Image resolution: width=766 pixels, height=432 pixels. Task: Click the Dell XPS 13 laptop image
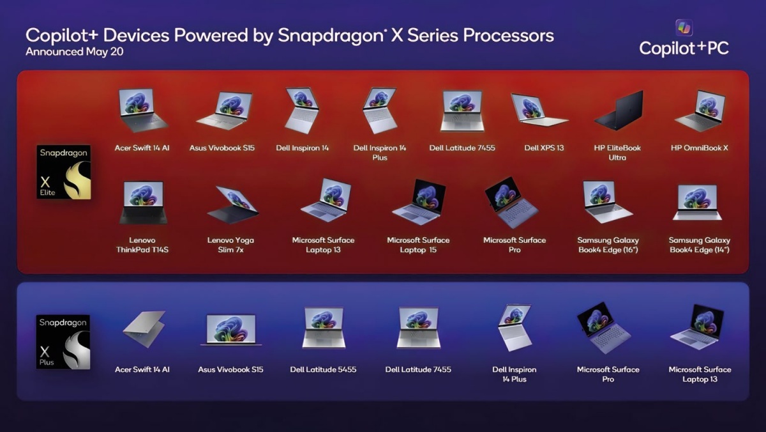click(x=539, y=109)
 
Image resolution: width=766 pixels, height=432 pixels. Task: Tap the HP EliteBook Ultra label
click(x=617, y=153)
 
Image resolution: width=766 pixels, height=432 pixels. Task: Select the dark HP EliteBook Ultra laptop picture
click(x=619, y=110)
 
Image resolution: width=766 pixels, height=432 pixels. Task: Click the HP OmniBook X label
click(x=700, y=148)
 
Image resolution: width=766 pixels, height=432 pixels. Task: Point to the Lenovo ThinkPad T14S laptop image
click(x=143, y=203)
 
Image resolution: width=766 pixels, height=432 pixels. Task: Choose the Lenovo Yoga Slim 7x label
click(x=230, y=245)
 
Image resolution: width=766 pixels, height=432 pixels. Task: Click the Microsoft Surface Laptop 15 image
click(x=419, y=202)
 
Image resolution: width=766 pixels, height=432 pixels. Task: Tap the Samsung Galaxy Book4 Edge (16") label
click(x=608, y=245)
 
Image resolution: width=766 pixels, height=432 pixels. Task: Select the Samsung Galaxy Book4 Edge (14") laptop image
click(x=697, y=203)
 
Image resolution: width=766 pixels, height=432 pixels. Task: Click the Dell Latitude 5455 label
click(x=323, y=369)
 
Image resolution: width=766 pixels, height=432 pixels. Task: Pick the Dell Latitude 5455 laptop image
click(x=324, y=328)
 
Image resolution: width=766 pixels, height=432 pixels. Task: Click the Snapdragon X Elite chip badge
click(x=64, y=172)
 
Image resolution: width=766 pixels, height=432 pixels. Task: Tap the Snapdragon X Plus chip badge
click(x=63, y=342)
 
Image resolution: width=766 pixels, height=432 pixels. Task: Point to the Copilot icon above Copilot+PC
click(x=684, y=27)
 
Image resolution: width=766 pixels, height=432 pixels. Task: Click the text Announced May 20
click(x=75, y=52)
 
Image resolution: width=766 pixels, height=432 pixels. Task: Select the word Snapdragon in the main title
click(x=331, y=36)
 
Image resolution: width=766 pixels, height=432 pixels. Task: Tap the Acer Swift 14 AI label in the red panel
click(x=142, y=148)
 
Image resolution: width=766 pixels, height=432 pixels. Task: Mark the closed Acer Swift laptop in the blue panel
click(x=144, y=329)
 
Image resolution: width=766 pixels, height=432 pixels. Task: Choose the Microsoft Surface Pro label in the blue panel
click(x=608, y=374)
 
